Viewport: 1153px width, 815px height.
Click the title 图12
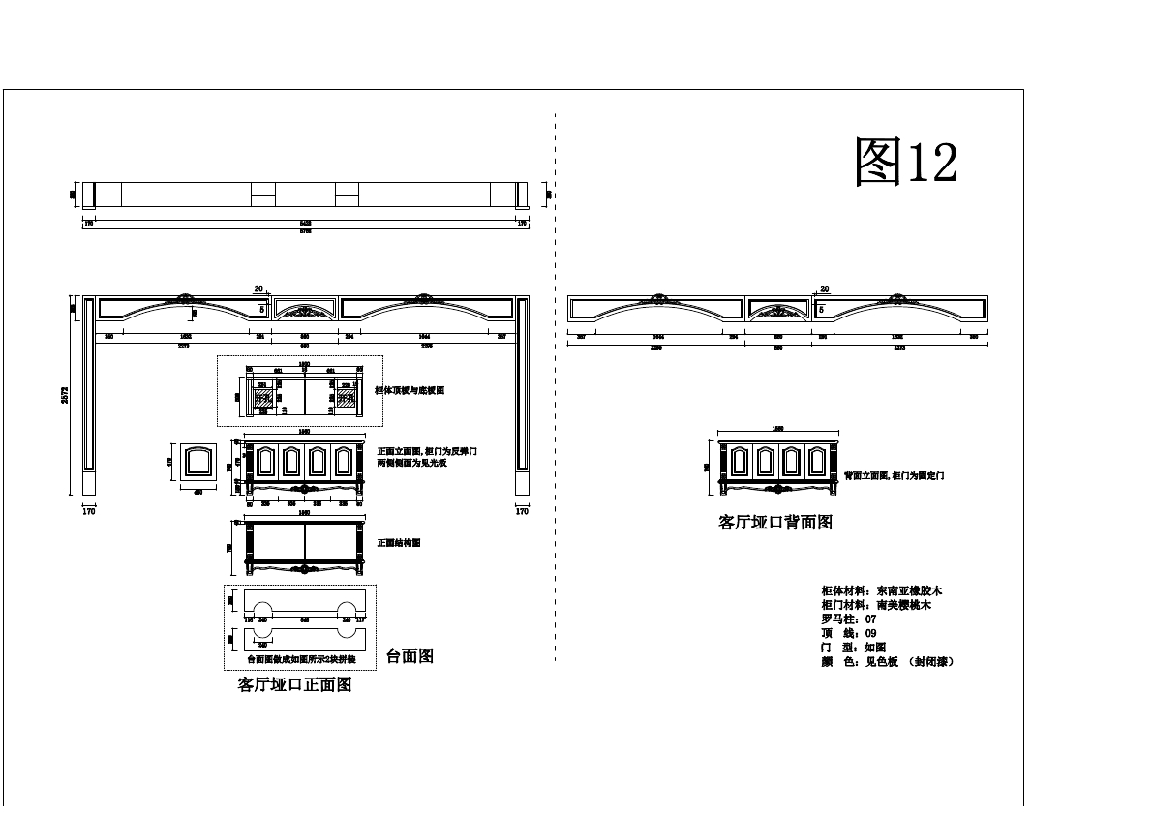[906, 161]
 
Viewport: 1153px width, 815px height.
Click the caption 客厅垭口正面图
[294, 685]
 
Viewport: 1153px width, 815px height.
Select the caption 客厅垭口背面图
[775, 523]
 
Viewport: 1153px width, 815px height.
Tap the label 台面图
[410, 656]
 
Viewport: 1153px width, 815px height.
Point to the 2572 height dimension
[66, 394]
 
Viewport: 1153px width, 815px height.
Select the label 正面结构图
[399, 543]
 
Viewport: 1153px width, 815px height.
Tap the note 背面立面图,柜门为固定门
[894, 475]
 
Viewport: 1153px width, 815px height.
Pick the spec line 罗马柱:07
[848, 619]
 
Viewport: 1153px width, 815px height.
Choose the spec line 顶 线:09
[848, 633]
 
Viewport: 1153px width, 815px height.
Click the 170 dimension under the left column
[89, 511]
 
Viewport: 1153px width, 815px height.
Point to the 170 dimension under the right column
[522, 511]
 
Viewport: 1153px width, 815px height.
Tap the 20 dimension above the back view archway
[825, 289]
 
